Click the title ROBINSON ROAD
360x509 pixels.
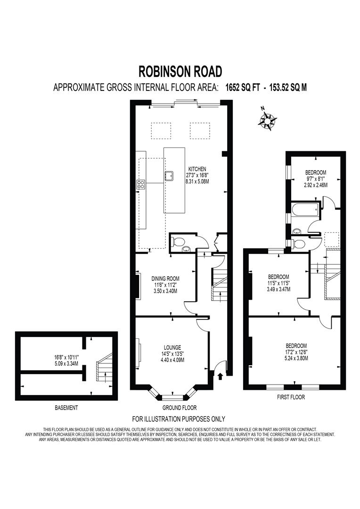point(180,71)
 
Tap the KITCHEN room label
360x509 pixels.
point(197,169)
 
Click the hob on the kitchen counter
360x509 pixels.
point(140,184)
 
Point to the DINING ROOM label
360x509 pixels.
point(165,279)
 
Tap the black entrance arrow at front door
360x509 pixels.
point(221,376)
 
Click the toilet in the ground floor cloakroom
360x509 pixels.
point(178,242)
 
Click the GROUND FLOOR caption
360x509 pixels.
point(180,408)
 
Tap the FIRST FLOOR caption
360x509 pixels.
point(291,397)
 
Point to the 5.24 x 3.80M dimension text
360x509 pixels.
point(296,357)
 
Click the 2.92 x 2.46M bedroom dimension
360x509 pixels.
point(315,185)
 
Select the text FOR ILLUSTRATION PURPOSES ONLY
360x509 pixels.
point(179,419)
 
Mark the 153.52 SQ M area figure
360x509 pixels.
point(288,87)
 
